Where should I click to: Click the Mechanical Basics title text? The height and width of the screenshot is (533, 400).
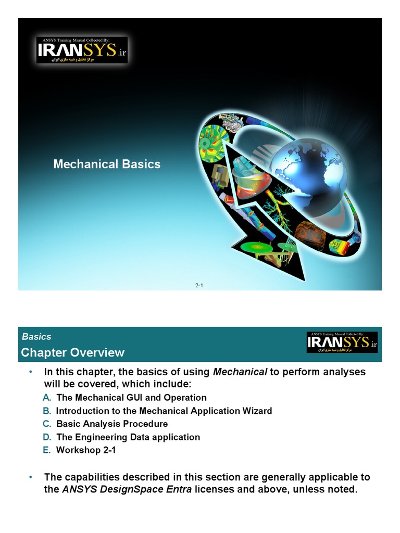[107, 164]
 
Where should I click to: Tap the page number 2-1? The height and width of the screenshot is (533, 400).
[199, 285]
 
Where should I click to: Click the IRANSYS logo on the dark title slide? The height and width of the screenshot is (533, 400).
[82, 50]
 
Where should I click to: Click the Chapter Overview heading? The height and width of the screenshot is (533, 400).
[72, 353]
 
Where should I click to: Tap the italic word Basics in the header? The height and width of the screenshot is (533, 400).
[36, 337]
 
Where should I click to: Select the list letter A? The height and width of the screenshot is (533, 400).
[47, 398]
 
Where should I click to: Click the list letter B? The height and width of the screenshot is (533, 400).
[47, 411]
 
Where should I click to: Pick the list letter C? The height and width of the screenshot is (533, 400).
[47, 424]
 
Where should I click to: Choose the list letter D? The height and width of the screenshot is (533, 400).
[47, 437]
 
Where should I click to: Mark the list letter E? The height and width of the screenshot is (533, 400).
[47, 450]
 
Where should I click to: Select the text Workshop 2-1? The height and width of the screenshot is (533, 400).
[85, 450]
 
